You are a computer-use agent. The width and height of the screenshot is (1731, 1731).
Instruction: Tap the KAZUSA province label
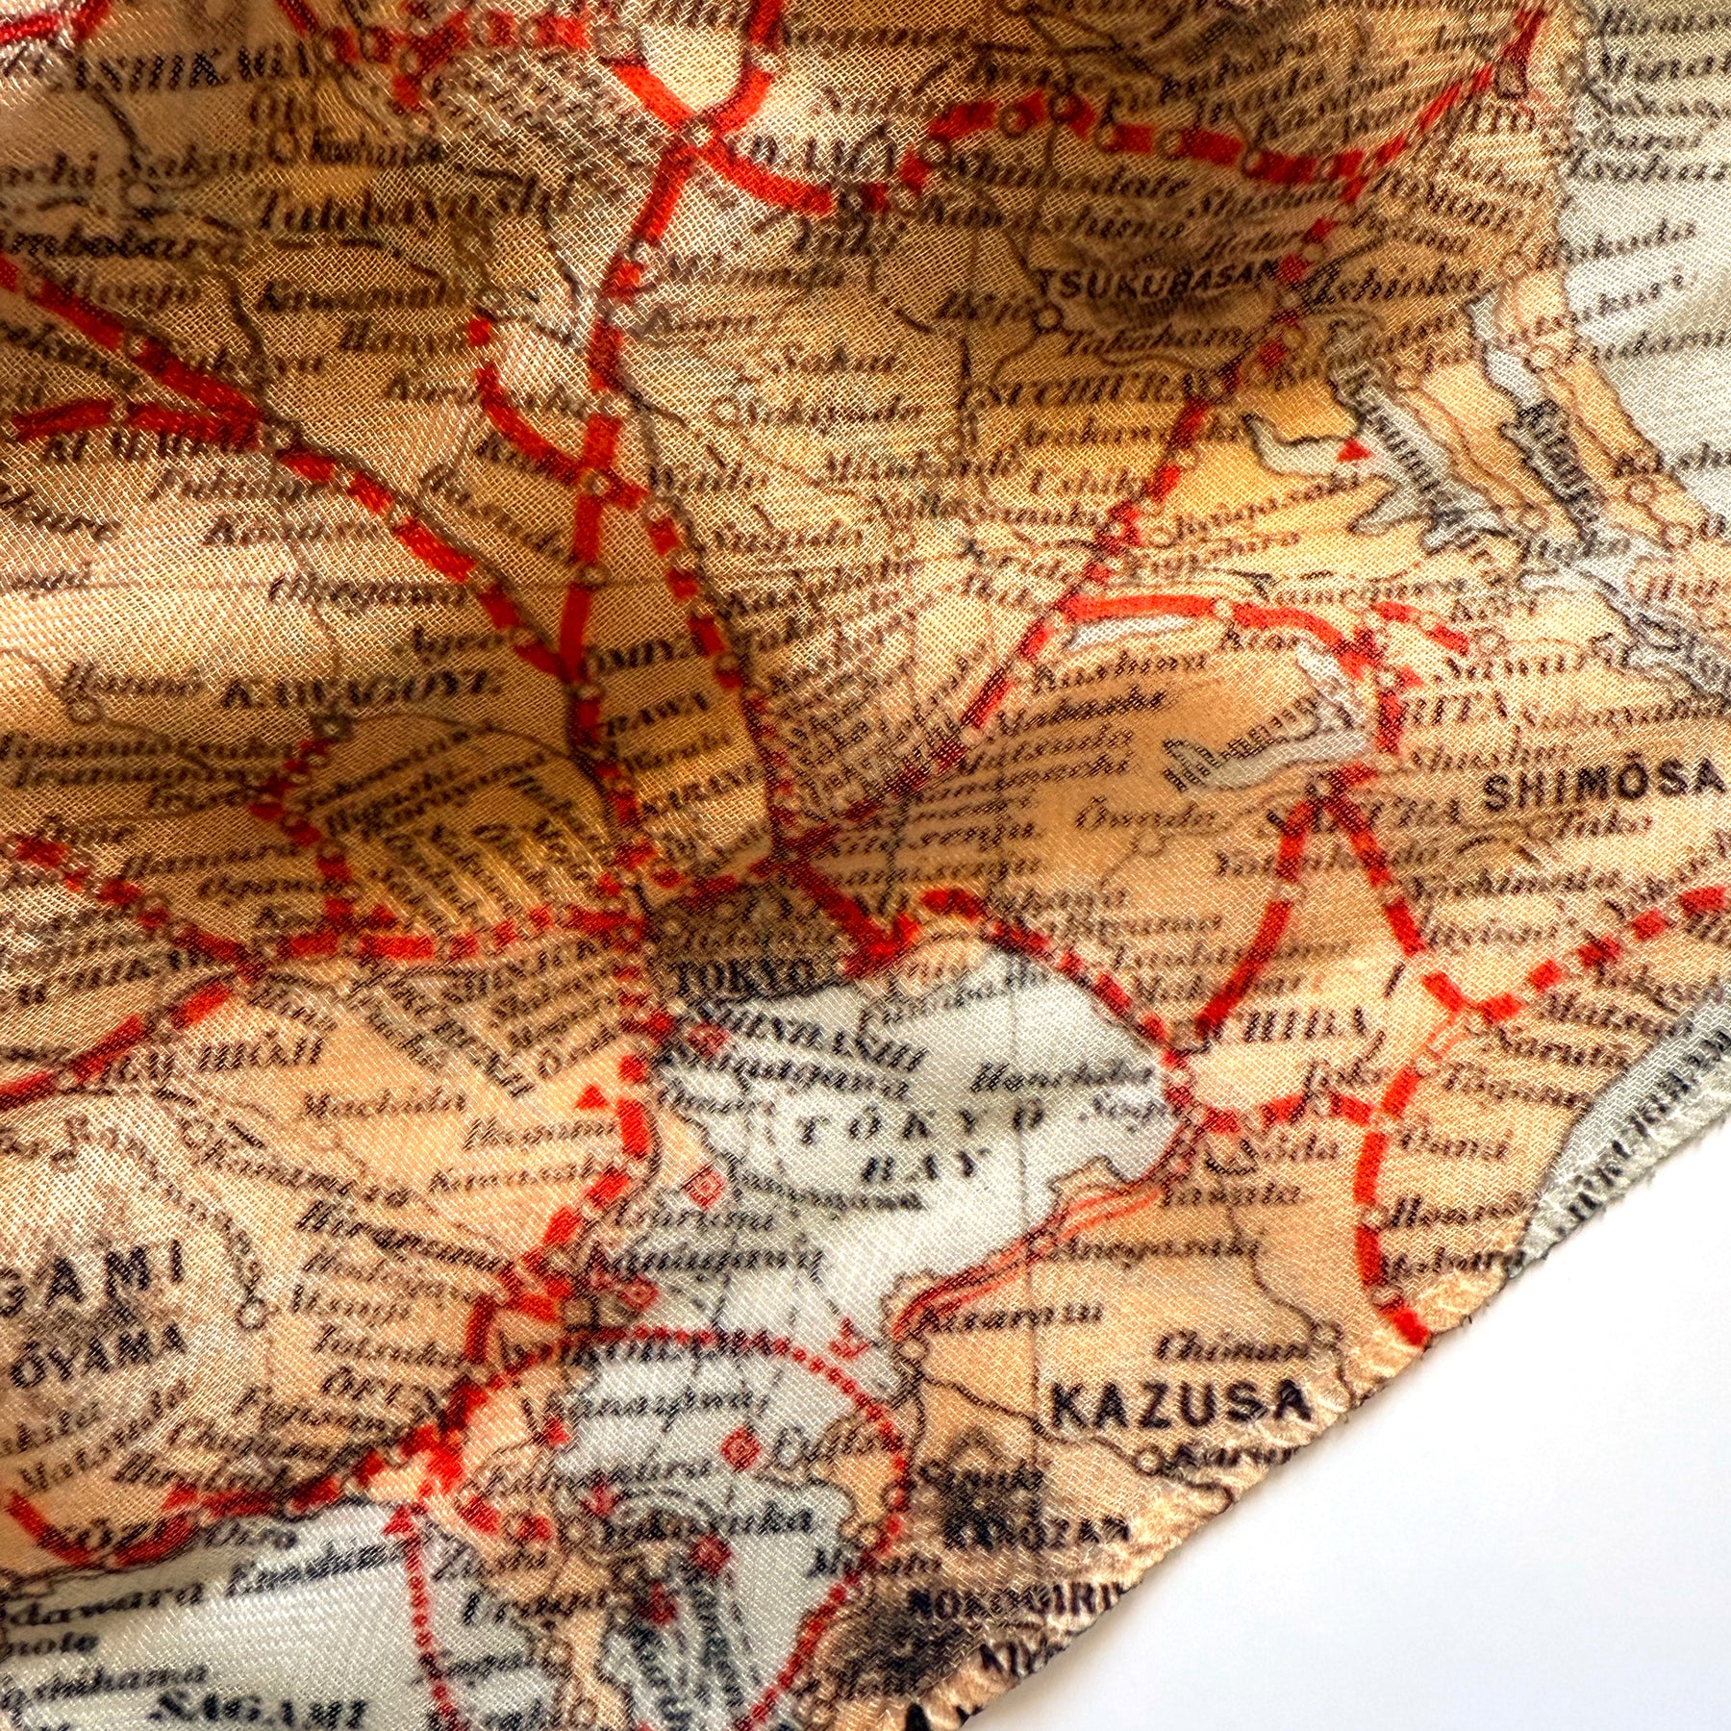tap(1181, 1405)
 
